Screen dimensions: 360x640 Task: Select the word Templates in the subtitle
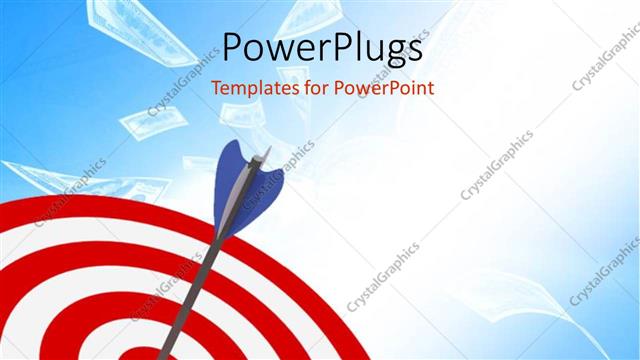tap(250, 87)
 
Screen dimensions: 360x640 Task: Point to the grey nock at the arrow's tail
tap(264, 155)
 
